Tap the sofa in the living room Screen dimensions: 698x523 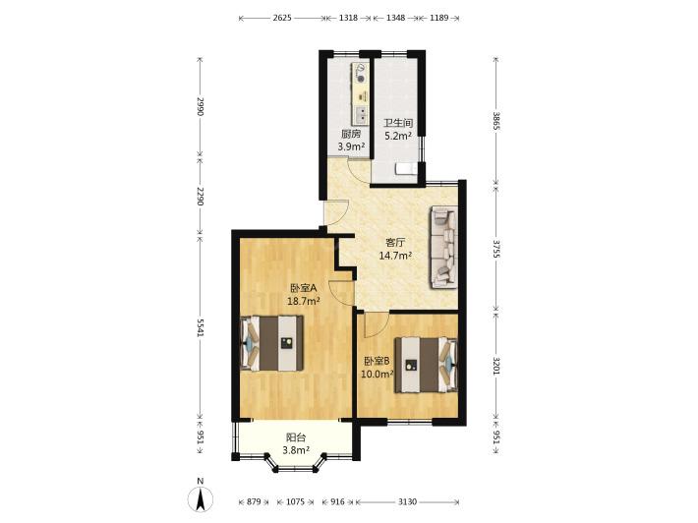point(443,247)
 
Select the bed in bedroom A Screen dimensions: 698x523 point(272,343)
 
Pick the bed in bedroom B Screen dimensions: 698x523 point(426,365)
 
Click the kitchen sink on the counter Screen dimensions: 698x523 point(361,115)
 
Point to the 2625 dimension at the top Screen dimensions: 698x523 point(282,18)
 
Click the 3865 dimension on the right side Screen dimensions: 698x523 point(496,121)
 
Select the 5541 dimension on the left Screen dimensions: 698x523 point(201,328)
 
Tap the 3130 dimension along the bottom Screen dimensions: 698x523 point(407,502)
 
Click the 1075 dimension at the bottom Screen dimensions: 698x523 point(295,502)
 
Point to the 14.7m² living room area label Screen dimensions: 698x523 point(395,256)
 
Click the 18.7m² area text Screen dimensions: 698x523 point(304,301)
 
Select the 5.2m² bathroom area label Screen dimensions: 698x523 point(398,136)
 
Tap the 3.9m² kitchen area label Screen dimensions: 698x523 point(352,146)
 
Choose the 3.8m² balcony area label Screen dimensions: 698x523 point(296,450)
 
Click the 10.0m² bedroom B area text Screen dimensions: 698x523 point(378,374)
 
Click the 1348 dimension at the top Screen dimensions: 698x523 point(395,18)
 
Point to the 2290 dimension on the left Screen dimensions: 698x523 point(201,197)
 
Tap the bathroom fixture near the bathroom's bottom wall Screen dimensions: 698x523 point(406,169)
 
